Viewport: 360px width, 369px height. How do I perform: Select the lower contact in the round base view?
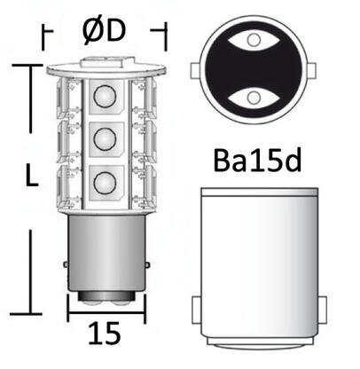[x=257, y=93]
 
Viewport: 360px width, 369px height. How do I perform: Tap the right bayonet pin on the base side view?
[x=318, y=308]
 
